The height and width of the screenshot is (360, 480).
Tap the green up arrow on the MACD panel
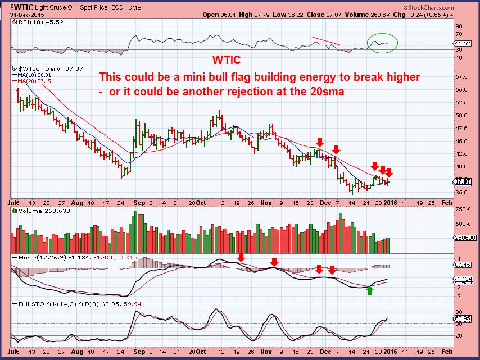click(x=369, y=290)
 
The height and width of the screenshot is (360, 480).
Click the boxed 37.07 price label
click(x=464, y=181)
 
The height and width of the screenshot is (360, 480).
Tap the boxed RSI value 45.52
click(x=464, y=43)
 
